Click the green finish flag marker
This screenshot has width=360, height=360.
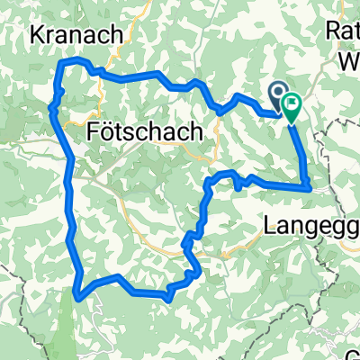click(292, 107)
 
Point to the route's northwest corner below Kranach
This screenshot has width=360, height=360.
click(61, 63)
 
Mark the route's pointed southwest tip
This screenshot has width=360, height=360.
click(78, 292)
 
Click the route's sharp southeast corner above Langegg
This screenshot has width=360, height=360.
click(310, 187)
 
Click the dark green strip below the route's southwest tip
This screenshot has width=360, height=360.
click(69, 328)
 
